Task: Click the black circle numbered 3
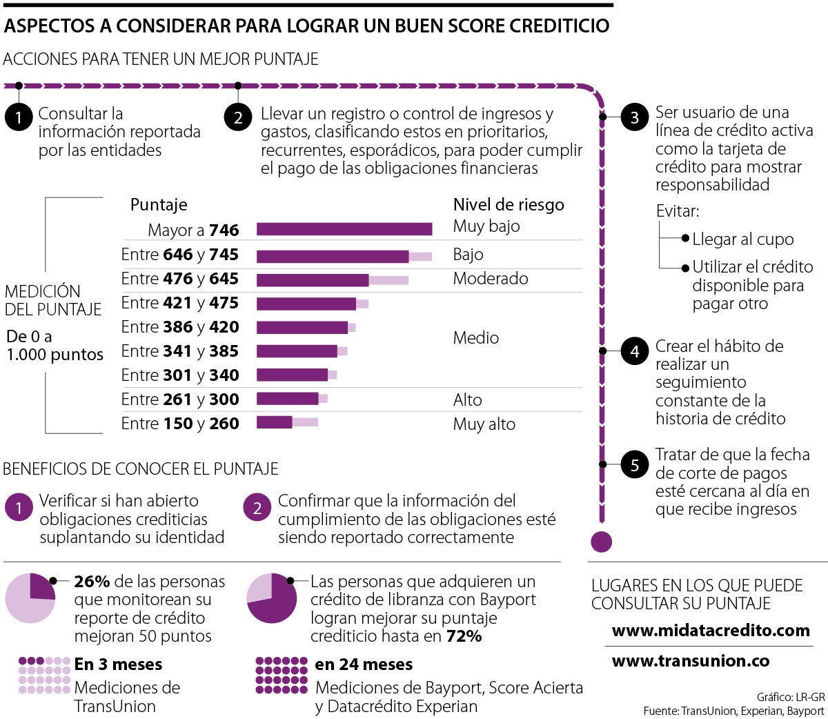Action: coord(634,118)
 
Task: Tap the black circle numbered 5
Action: coord(634,465)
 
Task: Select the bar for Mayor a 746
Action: coord(344,229)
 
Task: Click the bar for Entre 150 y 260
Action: coord(275,422)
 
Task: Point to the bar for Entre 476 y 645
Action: coord(313,279)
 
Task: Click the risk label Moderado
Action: coord(490,279)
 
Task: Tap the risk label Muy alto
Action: coord(484,424)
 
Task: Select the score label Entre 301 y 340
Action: coord(180,375)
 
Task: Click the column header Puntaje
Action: coord(159,205)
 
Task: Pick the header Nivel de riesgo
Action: coord(508,205)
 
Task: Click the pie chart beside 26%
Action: coord(30,598)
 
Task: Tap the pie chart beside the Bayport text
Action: coord(272,598)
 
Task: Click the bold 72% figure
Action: coord(464,636)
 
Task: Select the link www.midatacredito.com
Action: coord(710,630)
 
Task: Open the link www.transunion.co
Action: coord(690,660)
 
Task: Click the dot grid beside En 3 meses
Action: coord(44,675)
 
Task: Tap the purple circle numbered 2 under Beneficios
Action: coord(257,509)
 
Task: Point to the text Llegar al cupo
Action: coord(742,239)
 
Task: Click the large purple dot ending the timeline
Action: coord(602,542)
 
